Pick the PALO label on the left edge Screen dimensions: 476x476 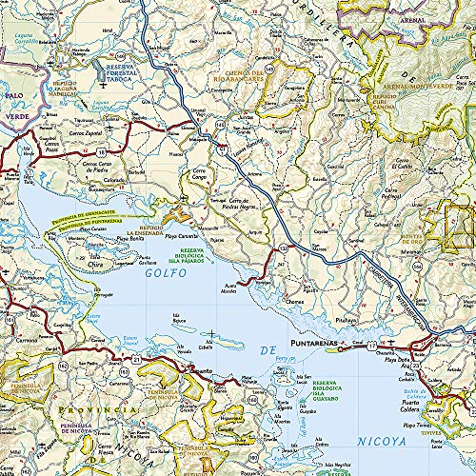tap(13, 97)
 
